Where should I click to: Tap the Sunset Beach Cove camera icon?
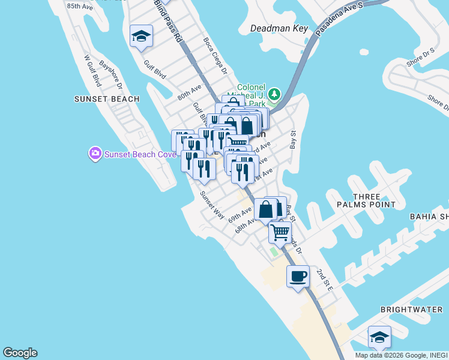[x=95, y=154]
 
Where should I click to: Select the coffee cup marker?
[x=298, y=277]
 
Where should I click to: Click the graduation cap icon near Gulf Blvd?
[x=141, y=36]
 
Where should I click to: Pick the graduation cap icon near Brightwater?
[x=379, y=337]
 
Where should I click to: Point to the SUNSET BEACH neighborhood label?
[x=107, y=99]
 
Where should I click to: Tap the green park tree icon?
[x=274, y=94]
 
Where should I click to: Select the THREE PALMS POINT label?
[x=375, y=200]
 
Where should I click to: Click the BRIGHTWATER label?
[x=411, y=310]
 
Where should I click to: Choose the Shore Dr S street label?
[x=420, y=58]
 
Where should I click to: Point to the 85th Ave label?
[x=80, y=6]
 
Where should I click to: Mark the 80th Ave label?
[x=189, y=92]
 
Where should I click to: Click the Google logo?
[x=20, y=353]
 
